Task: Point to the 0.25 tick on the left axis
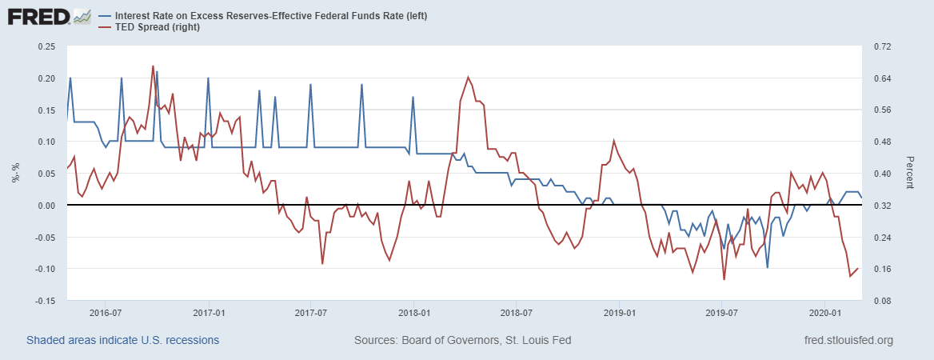point(46,46)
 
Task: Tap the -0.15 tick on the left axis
point(44,301)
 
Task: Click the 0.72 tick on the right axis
point(882,46)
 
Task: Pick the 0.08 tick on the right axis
point(882,301)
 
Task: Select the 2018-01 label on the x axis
point(413,313)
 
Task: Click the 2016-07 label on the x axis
point(105,313)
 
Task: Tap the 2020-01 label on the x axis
point(824,313)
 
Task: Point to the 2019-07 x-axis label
point(721,313)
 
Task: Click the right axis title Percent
point(908,172)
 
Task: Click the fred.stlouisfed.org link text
point(848,341)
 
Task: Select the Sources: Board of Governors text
point(462,341)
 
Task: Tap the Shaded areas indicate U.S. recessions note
point(122,341)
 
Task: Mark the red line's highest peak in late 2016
point(153,66)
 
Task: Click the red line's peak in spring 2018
point(468,77)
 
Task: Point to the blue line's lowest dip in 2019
point(767,267)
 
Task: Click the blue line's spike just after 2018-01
point(413,97)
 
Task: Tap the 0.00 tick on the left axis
point(46,206)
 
